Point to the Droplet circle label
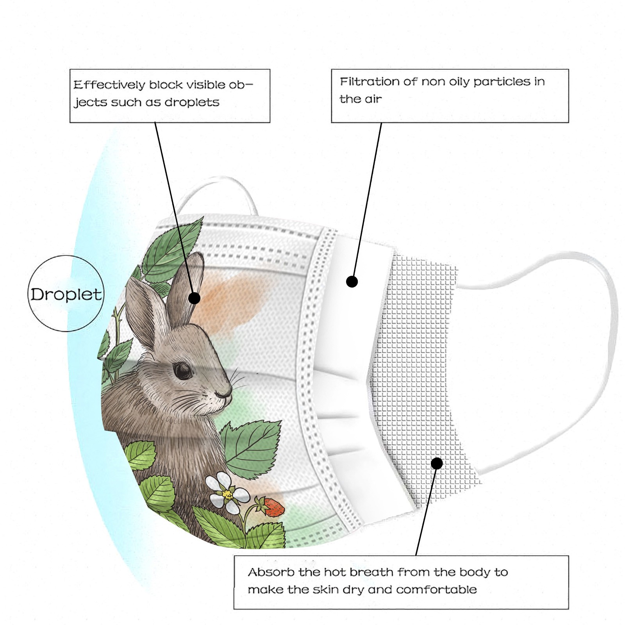[x=66, y=294]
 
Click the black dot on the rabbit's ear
[x=194, y=298]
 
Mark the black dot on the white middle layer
[x=352, y=281]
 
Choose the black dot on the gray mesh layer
[x=437, y=463]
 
